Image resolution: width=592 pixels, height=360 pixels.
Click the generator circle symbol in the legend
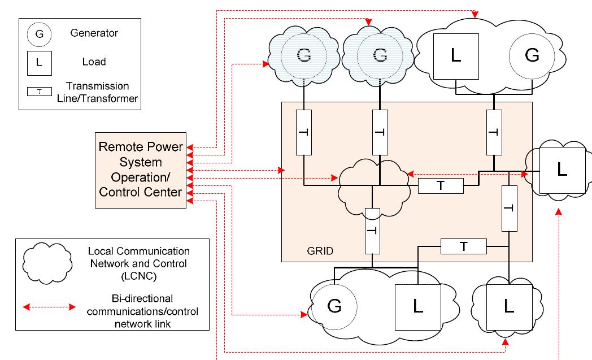(x=38, y=34)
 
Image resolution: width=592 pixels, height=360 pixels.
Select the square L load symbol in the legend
(x=38, y=62)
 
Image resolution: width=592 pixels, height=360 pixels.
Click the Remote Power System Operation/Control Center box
(x=141, y=170)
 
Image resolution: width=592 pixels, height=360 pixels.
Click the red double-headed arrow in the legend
(x=49, y=307)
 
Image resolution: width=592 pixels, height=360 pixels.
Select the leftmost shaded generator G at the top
(x=303, y=55)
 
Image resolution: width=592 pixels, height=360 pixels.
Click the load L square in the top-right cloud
(x=456, y=56)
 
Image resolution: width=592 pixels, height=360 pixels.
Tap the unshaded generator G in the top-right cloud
(x=532, y=55)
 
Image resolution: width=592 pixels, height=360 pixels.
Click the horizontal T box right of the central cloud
(x=441, y=185)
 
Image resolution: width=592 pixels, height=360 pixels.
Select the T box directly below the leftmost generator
(x=304, y=132)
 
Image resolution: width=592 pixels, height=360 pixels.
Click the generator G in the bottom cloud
(x=334, y=306)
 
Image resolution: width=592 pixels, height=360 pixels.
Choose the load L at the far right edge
(x=561, y=170)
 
